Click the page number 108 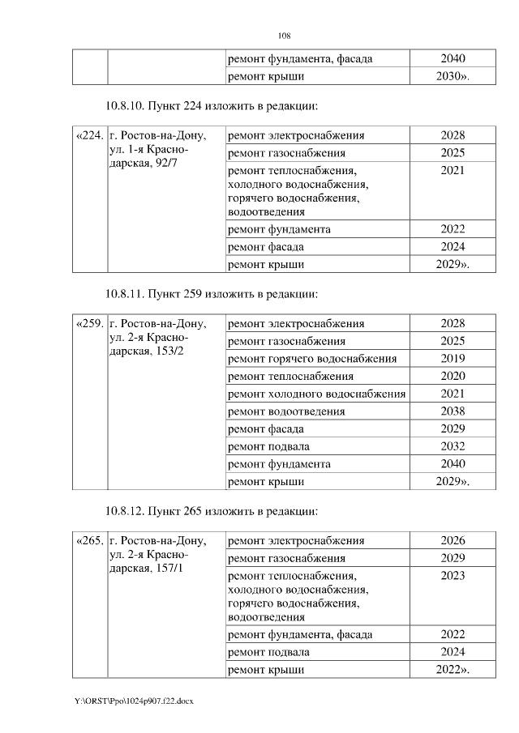[284, 36]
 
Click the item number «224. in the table [89, 136]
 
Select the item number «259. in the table [89, 324]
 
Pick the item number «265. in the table [89, 542]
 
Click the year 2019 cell [453, 359]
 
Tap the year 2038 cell [453, 411]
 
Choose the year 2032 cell [453, 446]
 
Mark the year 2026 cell [453, 541]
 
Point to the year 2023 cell [453, 576]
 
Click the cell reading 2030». [453, 77]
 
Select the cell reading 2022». [453, 670]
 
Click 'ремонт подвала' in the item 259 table [268, 446]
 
